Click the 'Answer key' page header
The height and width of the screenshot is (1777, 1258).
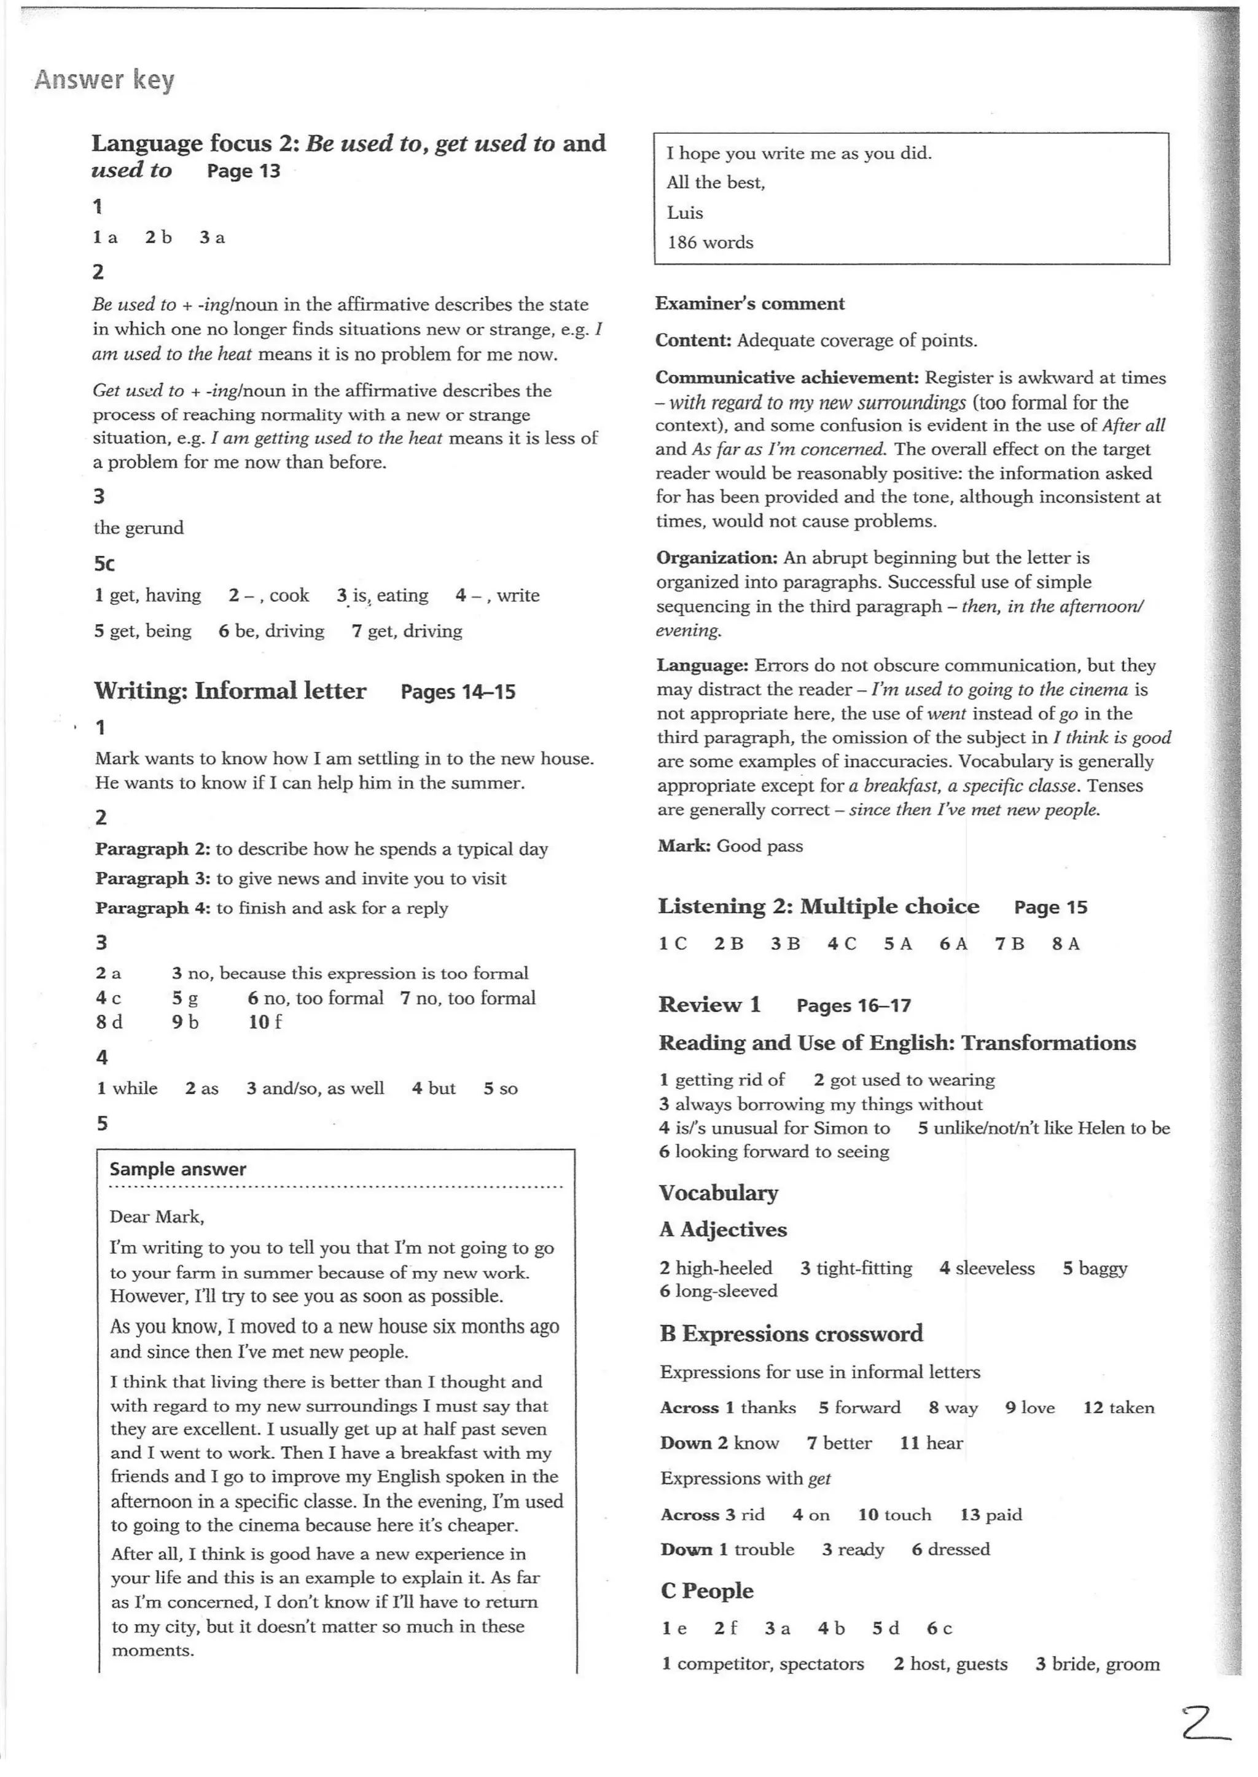click(x=104, y=80)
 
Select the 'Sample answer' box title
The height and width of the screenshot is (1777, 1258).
click(x=178, y=1170)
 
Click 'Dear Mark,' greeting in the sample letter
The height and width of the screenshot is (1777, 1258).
click(x=157, y=1217)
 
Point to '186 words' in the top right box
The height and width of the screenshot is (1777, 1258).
click(x=710, y=243)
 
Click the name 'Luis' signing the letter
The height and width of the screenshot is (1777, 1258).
click(x=685, y=213)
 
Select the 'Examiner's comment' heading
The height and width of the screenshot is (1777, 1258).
click(x=750, y=303)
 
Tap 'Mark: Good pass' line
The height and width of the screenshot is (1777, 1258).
click(x=730, y=846)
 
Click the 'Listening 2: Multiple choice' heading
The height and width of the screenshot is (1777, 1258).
click(x=818, y=907)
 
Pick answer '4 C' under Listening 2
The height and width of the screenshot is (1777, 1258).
click(x=842, y=943)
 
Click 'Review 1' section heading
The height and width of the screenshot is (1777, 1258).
click(x=709, y=1005)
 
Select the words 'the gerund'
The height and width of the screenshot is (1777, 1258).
click(x=139, y=528)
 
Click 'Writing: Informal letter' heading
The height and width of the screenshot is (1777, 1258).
click(x=230, y=691)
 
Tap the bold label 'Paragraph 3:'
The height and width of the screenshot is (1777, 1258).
click(x=152, y=878)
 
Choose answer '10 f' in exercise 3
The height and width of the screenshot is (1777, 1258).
click(x=265, y=1021)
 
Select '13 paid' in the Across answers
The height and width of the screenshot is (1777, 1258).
click(x=991, y=1514)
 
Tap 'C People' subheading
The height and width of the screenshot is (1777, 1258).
click(x=706, y=1591)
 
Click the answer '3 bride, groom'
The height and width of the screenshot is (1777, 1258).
click(x=1097, y=1664)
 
